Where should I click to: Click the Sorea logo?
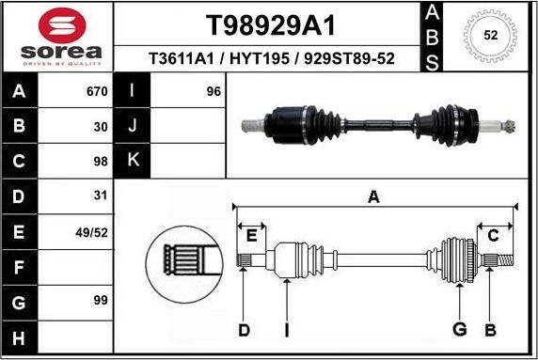[56, 37]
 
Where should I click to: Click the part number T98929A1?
[270, 24]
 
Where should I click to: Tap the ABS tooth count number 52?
[489, 36]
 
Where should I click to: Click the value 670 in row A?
[97, 92]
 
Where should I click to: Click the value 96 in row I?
[213, 92]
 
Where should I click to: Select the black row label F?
[20, 267]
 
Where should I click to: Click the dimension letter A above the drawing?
[373, 196]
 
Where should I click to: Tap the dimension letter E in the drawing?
[251, 235]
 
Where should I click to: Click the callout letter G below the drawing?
[459, 329]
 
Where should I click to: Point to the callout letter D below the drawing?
[244, 329]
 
